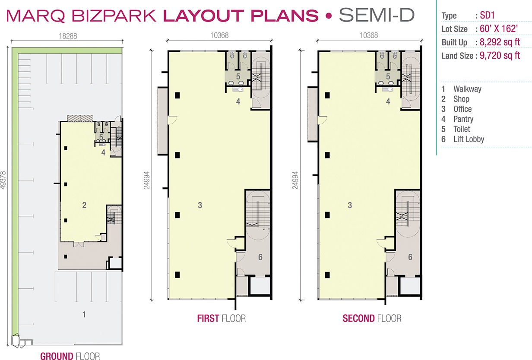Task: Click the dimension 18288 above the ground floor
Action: click(68, 36)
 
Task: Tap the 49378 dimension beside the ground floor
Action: click(3, 180)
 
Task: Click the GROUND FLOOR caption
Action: click(70, 356)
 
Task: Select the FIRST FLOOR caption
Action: click(222, 318)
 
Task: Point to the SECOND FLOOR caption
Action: click(372, 318)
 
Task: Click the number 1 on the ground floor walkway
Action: click(84, 314)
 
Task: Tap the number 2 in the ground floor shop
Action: click(84, 205)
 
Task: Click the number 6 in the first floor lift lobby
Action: click(260, 257)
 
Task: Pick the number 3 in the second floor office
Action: click(350, 205)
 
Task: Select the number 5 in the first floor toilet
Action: click(238, 76)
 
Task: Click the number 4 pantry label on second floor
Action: click(388, 101)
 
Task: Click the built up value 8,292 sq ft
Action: click(500, 42)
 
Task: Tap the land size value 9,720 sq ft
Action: click(500, 55)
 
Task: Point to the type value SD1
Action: click(487, 16)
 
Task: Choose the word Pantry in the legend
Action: click(463, 119)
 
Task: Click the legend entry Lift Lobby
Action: click(469, 139)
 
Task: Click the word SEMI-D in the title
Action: click(377, 15)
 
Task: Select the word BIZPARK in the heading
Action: click(114, 16)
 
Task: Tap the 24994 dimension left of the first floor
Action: click(147, 180)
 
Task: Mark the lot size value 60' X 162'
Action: click(498, 29)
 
